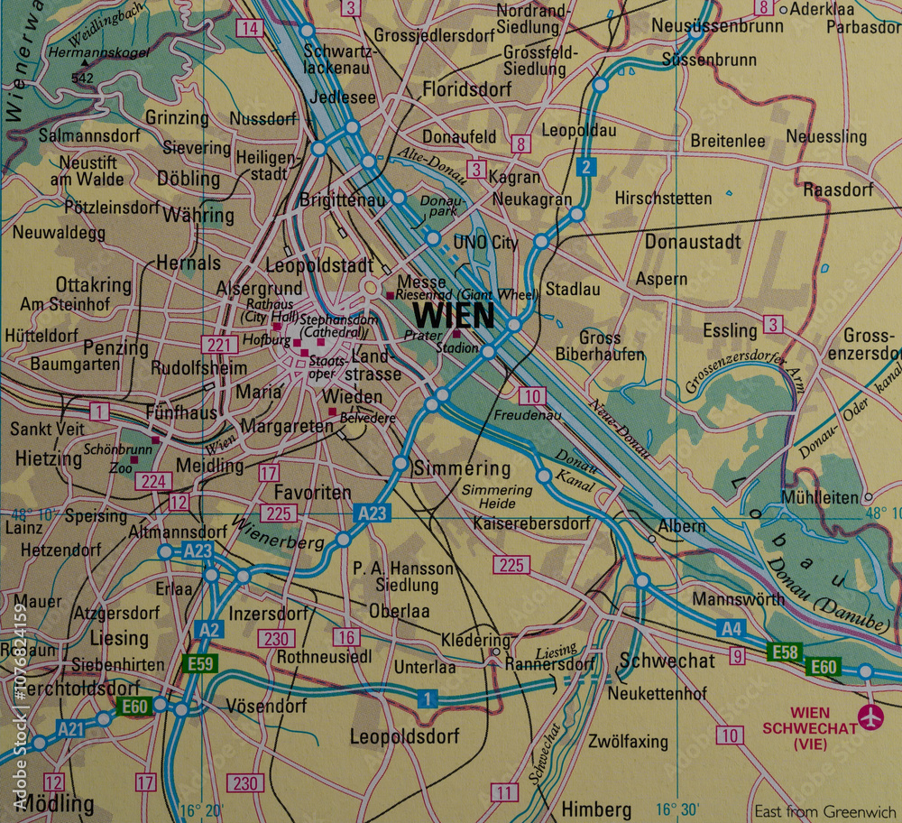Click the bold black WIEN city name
pos(454,316)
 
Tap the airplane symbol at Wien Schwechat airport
pos(870,717)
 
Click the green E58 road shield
pos(784,651)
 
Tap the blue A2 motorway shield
pos(208,629)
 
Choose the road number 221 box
pos(220,344)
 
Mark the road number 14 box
pos(249,28)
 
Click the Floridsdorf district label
pos(466,89)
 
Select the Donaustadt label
pos(693,241)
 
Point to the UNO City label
pos(485,243)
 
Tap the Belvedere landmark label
pos(369,419)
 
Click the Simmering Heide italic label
pos(497,495)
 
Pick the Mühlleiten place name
pos(821,497)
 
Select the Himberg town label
pos(595,808)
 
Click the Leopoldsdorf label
pos(404,735)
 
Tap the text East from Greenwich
pos(825,810)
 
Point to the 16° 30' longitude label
pos(677,809)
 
